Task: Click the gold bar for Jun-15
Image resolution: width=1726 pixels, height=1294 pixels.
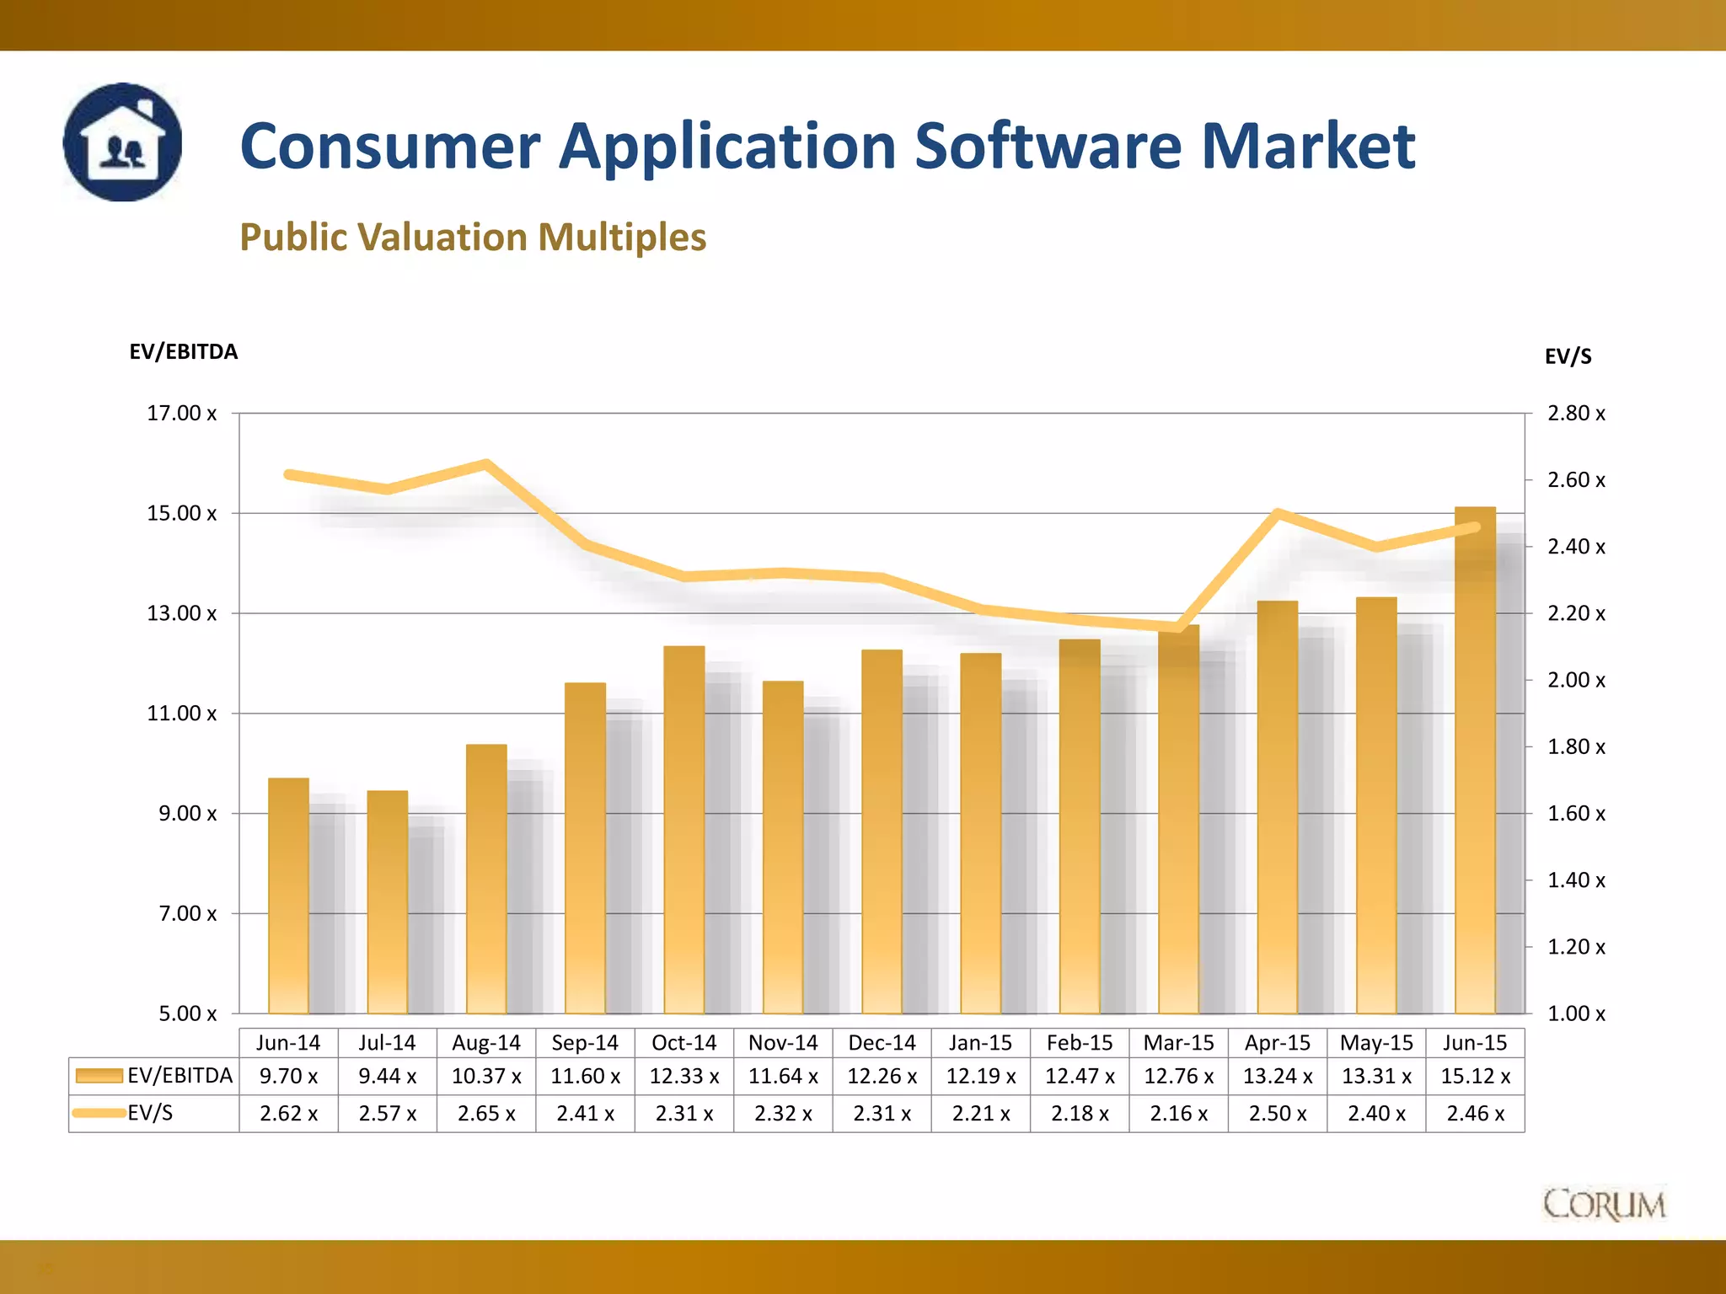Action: [x=1475, y=758]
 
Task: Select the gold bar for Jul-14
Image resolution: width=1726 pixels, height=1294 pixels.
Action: [x=387, y=901]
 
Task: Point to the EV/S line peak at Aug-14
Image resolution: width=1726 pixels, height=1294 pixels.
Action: [x=486, y=463]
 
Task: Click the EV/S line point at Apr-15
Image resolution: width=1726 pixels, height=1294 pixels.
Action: [x=1278, y=512]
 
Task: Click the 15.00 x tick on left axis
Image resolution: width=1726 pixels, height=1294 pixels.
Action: [x=181, y=513]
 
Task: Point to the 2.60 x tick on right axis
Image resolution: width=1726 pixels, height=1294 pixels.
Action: [x=1576, y=480]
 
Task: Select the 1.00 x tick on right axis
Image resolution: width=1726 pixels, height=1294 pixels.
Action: [x=1576, y=1013]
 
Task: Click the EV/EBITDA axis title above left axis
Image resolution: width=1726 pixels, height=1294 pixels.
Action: [x=183, y=351]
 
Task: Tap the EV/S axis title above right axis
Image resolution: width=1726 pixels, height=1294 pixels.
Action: [x=1568, y=356]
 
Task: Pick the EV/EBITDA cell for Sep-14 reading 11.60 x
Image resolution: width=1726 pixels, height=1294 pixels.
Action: [x=585, y=1077]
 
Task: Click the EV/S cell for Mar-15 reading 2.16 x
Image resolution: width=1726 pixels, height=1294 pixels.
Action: [x=1178, y=1114]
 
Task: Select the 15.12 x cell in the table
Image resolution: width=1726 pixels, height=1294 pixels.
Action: [x=1475, y=1077]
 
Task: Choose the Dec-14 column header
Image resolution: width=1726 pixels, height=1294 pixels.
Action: [x=882, y=1043]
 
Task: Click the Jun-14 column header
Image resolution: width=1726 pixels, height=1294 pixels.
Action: [x=288, y=1043]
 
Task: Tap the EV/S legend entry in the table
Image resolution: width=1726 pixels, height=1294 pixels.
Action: [x=150, y=1113]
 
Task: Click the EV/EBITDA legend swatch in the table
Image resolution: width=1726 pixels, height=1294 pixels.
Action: [x=99, y=1076]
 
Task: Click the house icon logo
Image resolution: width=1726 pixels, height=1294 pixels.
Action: [x=123, y=142]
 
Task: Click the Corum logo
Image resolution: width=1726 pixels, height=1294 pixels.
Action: [x=1604, y=1204]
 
